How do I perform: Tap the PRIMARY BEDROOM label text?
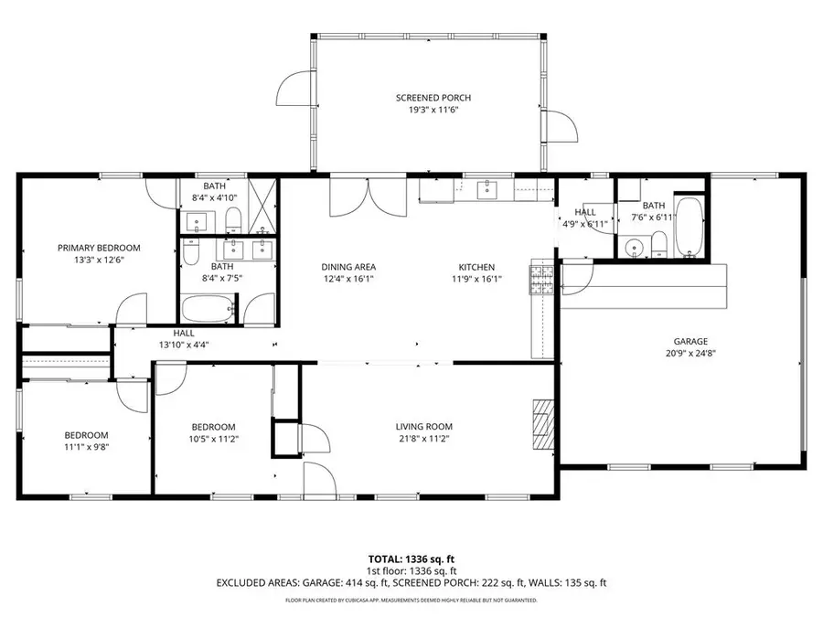click(99, 248)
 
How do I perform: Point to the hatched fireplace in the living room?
click(543, 427)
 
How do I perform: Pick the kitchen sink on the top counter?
click(486, 189)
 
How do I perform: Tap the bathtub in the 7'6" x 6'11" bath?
click(687, 225)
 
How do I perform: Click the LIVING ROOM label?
click(423, 427)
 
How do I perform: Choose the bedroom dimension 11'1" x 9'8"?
click(86, 447)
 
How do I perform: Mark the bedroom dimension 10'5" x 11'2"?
click(213, 439)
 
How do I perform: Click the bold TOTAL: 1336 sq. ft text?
click(411, 558)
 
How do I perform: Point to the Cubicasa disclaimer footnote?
click(411, 601)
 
